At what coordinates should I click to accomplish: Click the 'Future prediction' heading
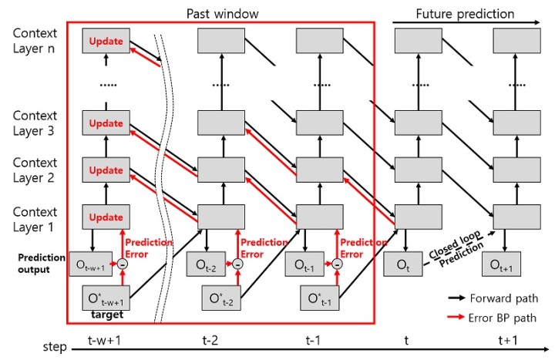pos(465,13)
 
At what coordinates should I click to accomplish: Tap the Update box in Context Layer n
pos(106,40)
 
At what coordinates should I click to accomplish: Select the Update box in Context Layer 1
pos(106,217)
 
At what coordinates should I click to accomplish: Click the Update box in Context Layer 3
pos(106,123)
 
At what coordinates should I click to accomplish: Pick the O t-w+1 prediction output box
pos(91,264)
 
